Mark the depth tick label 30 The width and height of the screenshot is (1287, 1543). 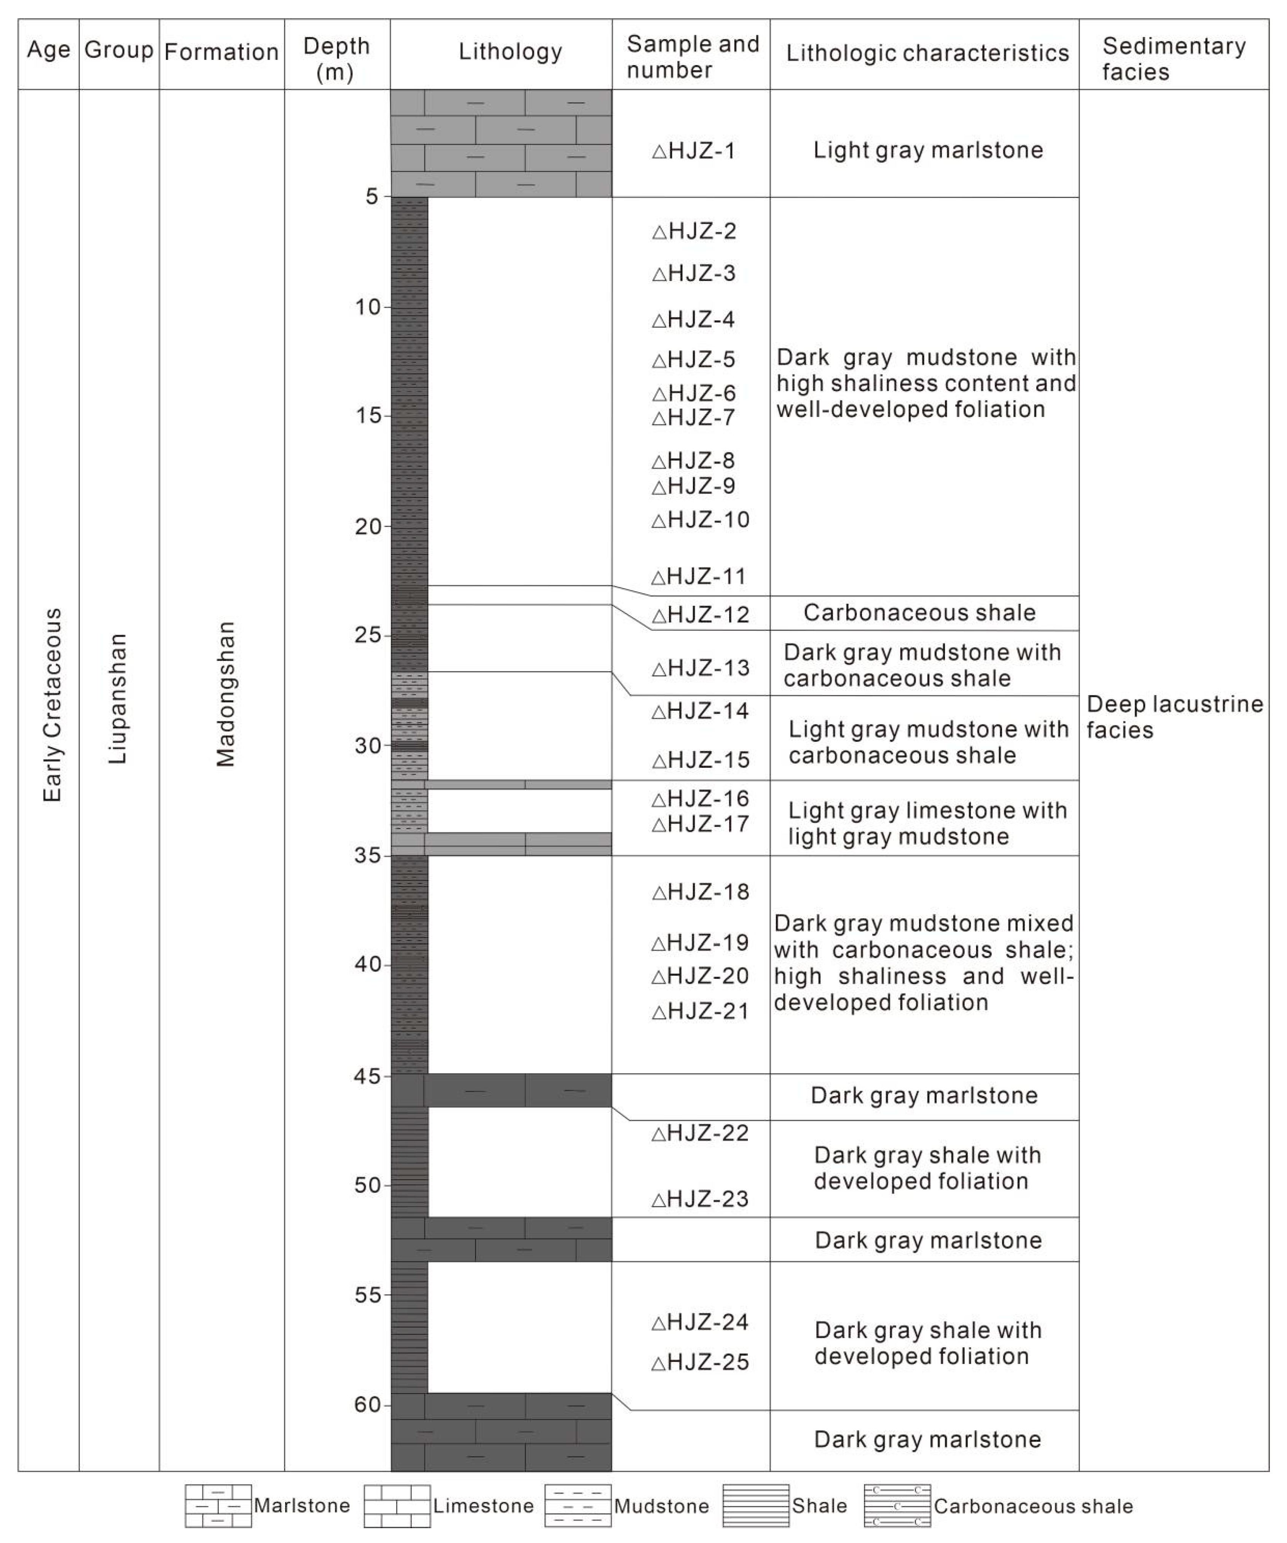pos(367,746)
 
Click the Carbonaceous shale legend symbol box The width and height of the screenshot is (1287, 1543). pos(897,1506)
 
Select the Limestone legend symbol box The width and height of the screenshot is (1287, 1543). pos(397,1506)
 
